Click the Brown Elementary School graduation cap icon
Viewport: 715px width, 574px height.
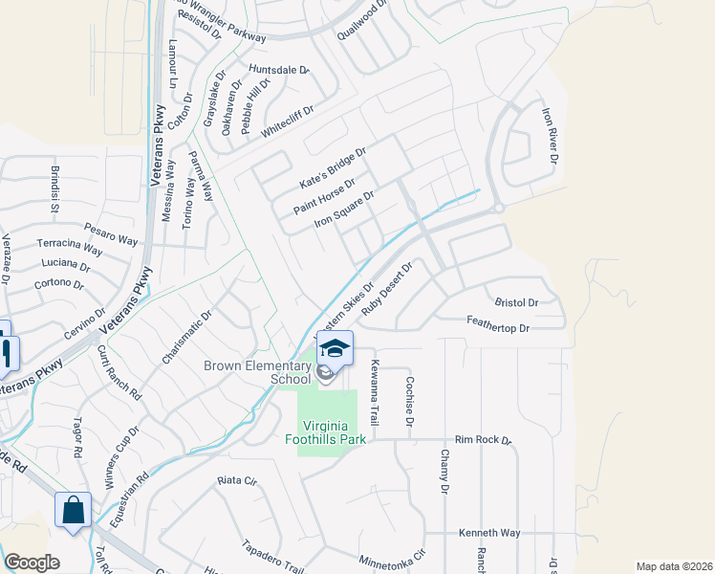334,348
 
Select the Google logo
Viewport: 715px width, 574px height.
32,563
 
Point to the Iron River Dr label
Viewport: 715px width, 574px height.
549,135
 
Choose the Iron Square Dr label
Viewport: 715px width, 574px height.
343,210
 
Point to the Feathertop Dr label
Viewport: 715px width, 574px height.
497,328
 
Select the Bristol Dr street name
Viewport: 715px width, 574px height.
517,302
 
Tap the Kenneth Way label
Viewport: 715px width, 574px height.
489,532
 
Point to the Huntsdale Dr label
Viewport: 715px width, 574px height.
279,70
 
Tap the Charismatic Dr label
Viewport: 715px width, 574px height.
186,336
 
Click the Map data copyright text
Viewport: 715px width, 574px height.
674,566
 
